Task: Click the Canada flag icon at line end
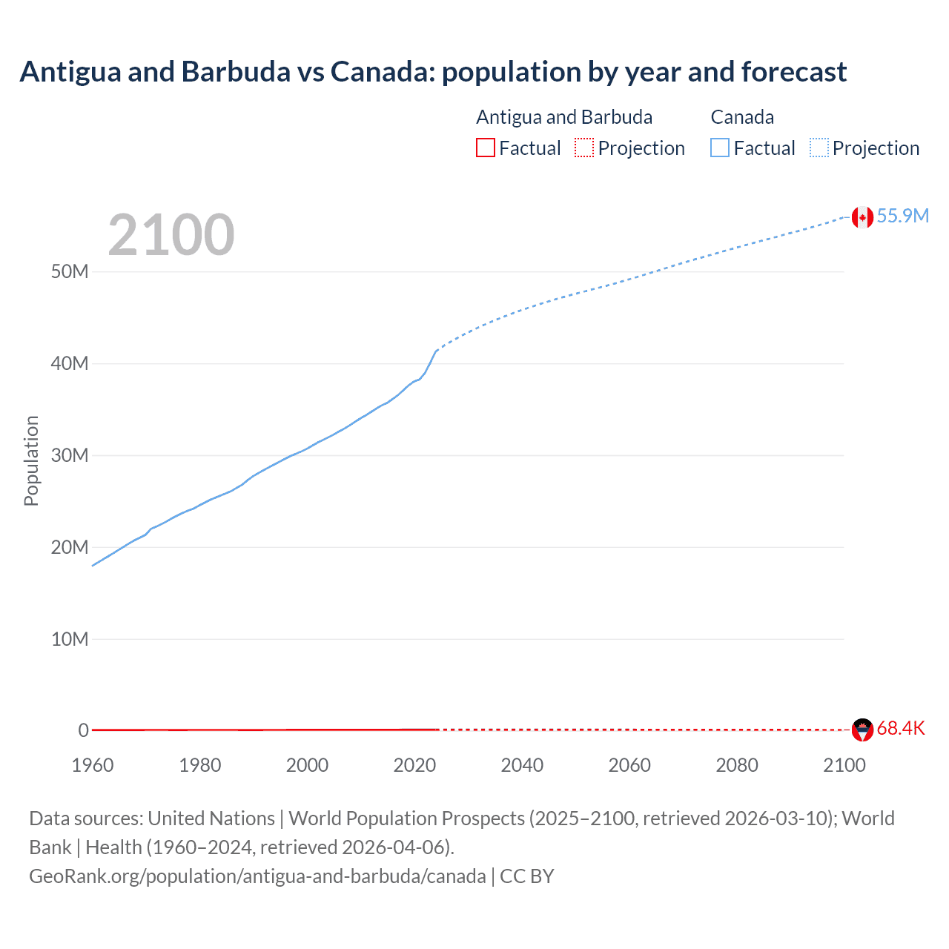click(862, 217)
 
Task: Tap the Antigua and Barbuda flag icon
click(862, 730)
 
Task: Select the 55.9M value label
click(902, 216)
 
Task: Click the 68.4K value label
click(901, 728)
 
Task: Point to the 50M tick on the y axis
click(70, 271)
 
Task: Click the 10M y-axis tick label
click(70, 639)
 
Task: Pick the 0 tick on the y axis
click(83, 730)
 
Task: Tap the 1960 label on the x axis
click(93, 765)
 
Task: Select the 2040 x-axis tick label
click(522, 765)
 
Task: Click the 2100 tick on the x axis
click(844, 765)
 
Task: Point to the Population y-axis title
click(31, 460)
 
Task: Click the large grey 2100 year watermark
click(171, 235)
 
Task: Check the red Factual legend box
click(485, 148)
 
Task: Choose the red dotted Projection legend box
click(584, 148)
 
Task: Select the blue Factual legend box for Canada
click(719, 148)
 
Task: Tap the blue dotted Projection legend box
click(819, 148)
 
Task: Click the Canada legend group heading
click(742, 117)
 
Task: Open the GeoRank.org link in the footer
click(257, 876)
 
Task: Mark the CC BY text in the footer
click(527, 876)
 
